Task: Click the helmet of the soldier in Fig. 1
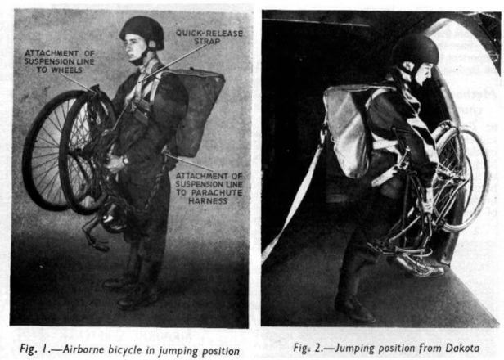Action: click(x=142, y=32)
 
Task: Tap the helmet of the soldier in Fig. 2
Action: click(x=414, y=51)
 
